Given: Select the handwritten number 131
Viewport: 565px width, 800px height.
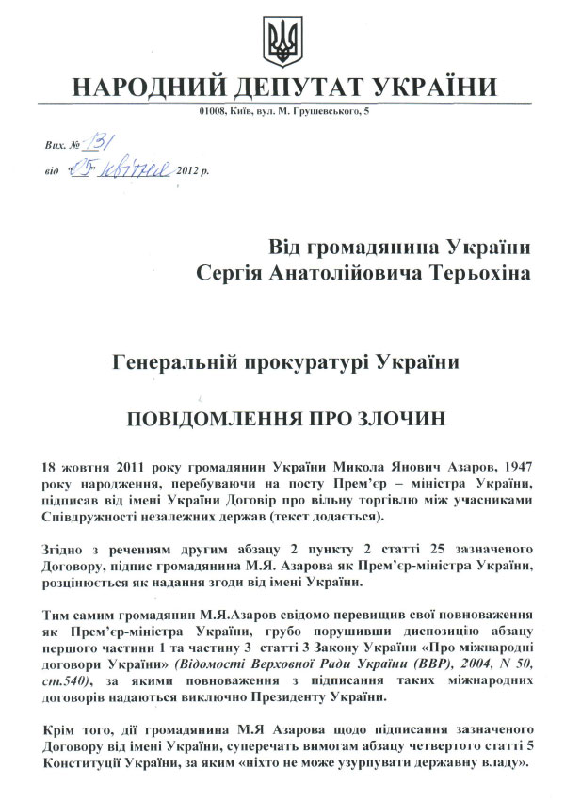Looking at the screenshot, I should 97,143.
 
